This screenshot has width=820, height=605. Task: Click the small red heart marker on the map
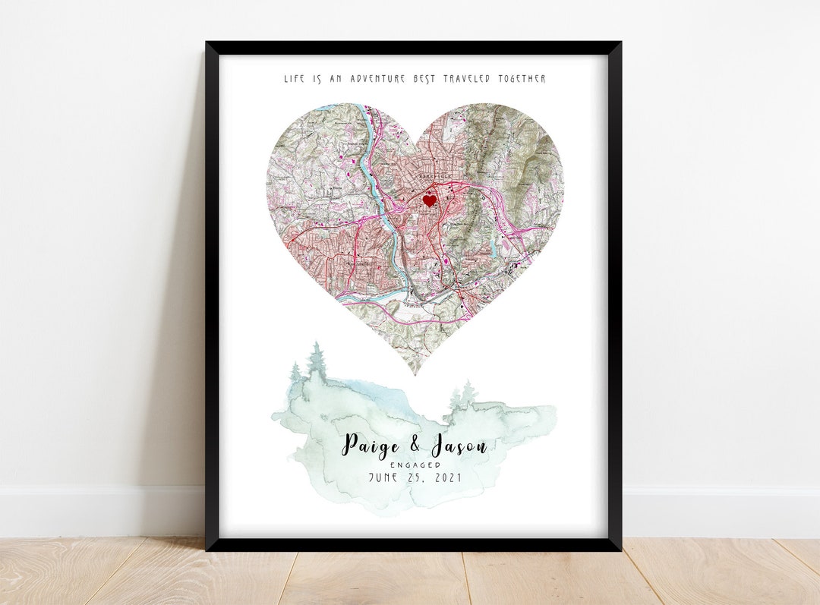429,200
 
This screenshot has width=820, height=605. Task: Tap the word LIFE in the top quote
292,79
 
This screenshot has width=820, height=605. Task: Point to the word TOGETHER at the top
522,79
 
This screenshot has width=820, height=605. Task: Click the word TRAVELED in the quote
465,79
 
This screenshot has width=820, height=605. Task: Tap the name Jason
459,446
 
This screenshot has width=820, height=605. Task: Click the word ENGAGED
415,465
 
